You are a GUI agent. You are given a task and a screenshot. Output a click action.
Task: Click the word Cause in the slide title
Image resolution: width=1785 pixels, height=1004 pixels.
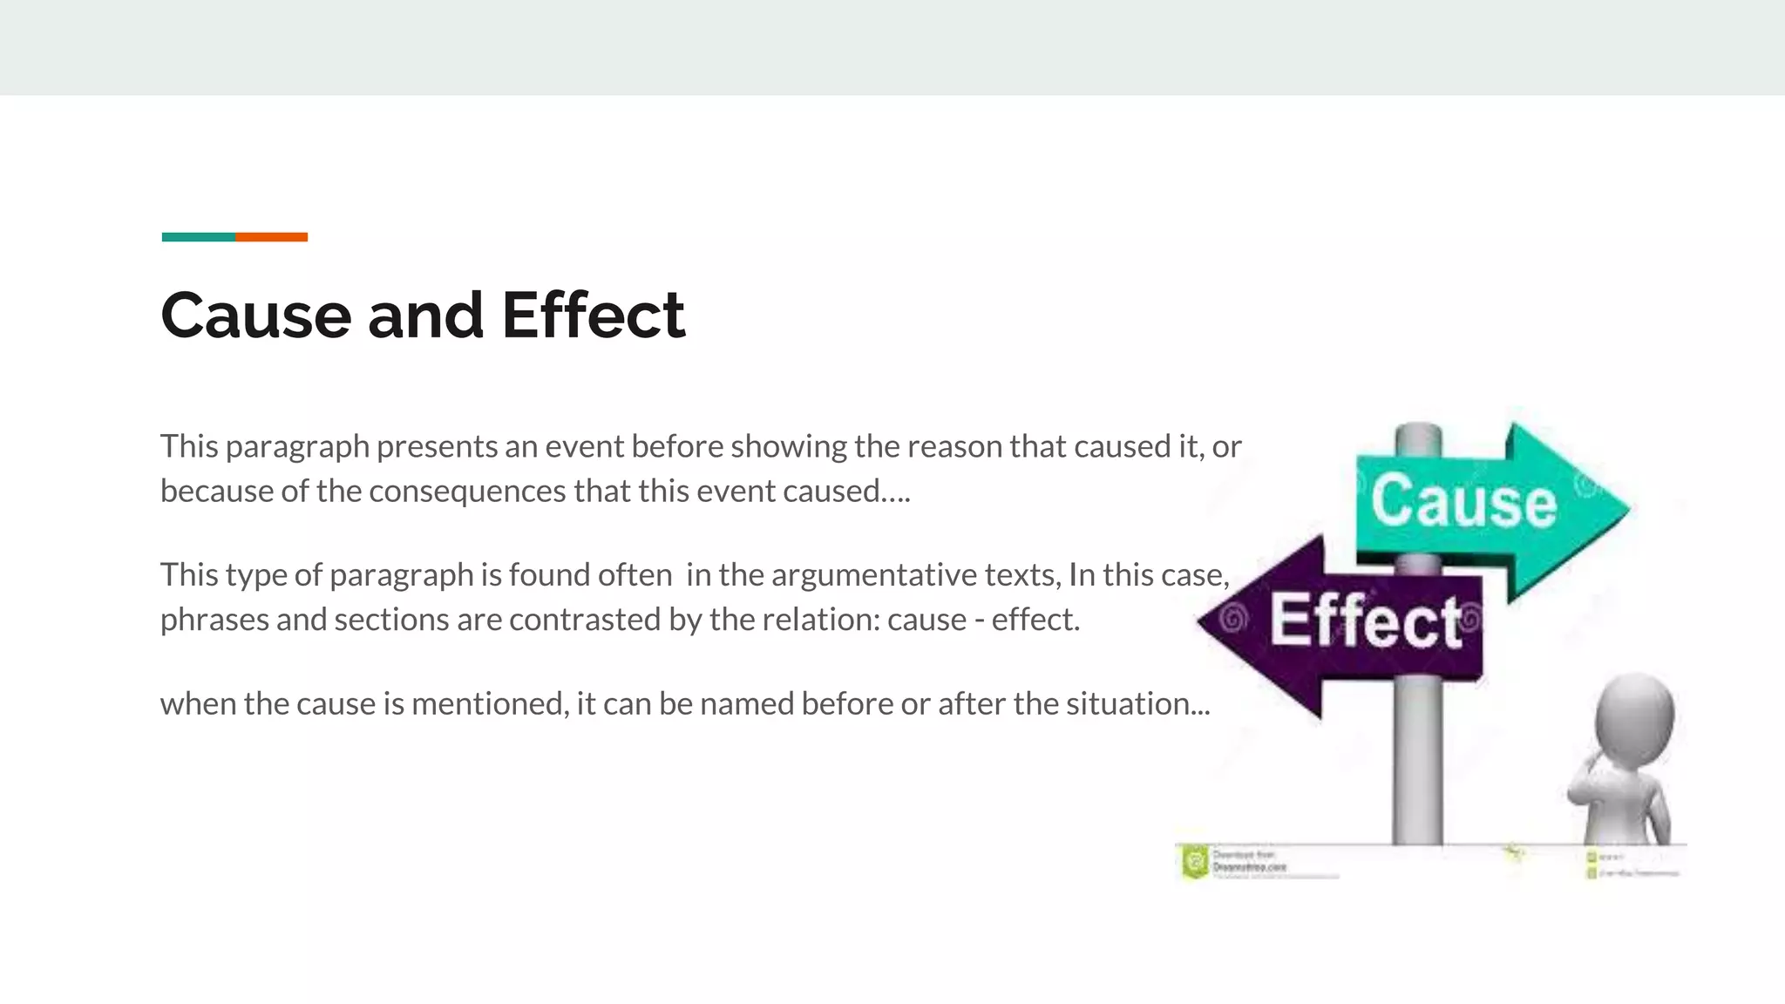click(x=255, y=315)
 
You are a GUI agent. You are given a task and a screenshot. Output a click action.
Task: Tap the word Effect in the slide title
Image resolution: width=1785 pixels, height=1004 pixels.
click(x=593, y=315)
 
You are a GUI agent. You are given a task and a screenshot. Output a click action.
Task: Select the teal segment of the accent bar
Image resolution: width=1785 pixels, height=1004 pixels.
click(x=198, y=237)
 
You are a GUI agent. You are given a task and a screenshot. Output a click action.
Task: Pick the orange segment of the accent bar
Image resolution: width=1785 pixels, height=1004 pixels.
click(x=271, y=237)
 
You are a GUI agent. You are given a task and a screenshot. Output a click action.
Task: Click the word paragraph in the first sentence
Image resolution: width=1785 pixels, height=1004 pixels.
click(x=297, y=447)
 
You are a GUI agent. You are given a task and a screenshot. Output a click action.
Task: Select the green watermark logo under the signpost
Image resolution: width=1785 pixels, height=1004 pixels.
click(x=1194, y=862)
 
